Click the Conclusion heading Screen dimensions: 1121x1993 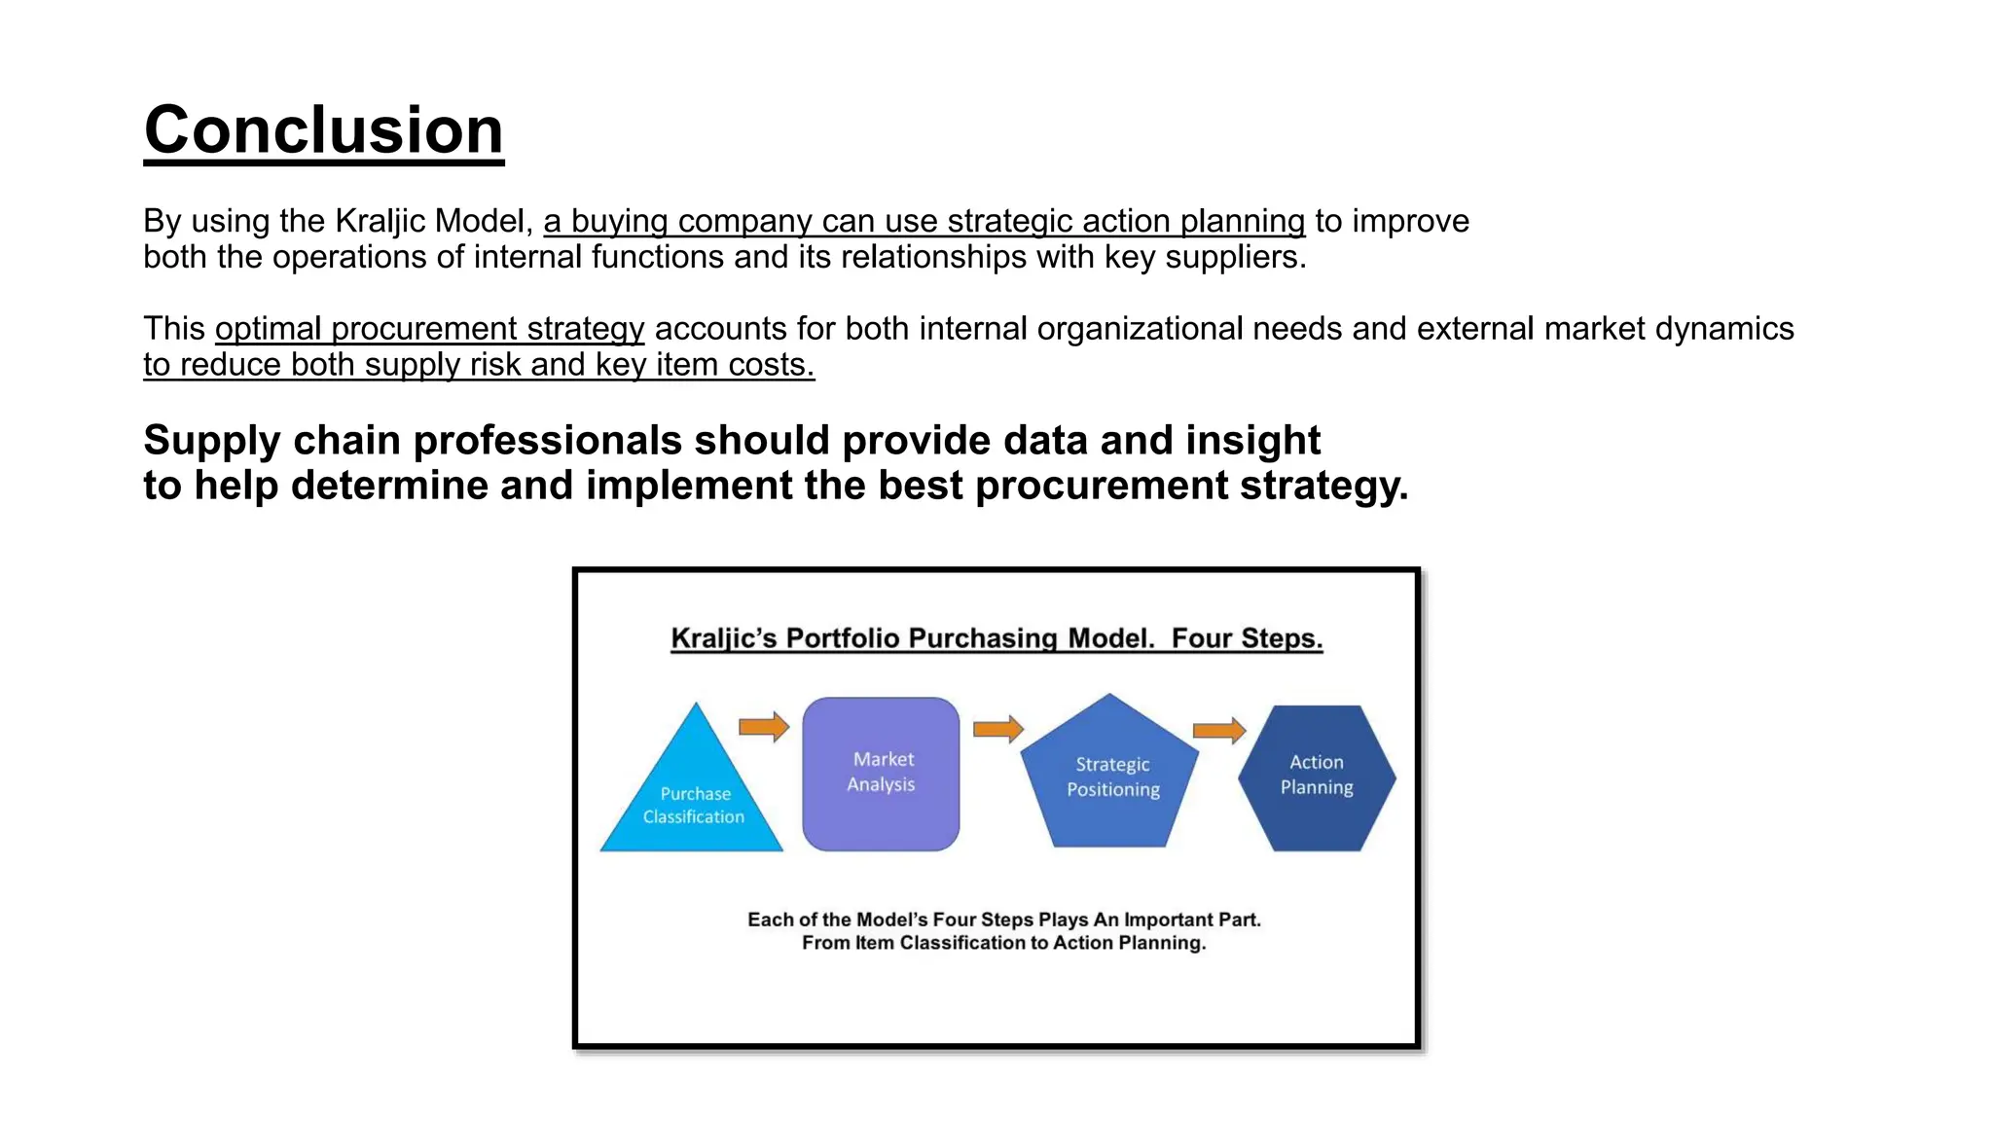(323, 129)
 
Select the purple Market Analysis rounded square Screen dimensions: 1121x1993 (881, 774)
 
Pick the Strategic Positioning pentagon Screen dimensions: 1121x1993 (1111, 777)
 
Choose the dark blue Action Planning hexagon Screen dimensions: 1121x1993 (1317, 777)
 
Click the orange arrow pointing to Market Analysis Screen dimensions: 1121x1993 (764, 727)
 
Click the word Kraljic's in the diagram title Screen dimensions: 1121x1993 (723, 638)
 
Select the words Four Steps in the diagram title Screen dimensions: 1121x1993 (1247, 638)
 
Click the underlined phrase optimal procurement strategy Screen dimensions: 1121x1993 (429, 329)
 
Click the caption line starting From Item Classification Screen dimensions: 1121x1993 (1003, 943)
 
